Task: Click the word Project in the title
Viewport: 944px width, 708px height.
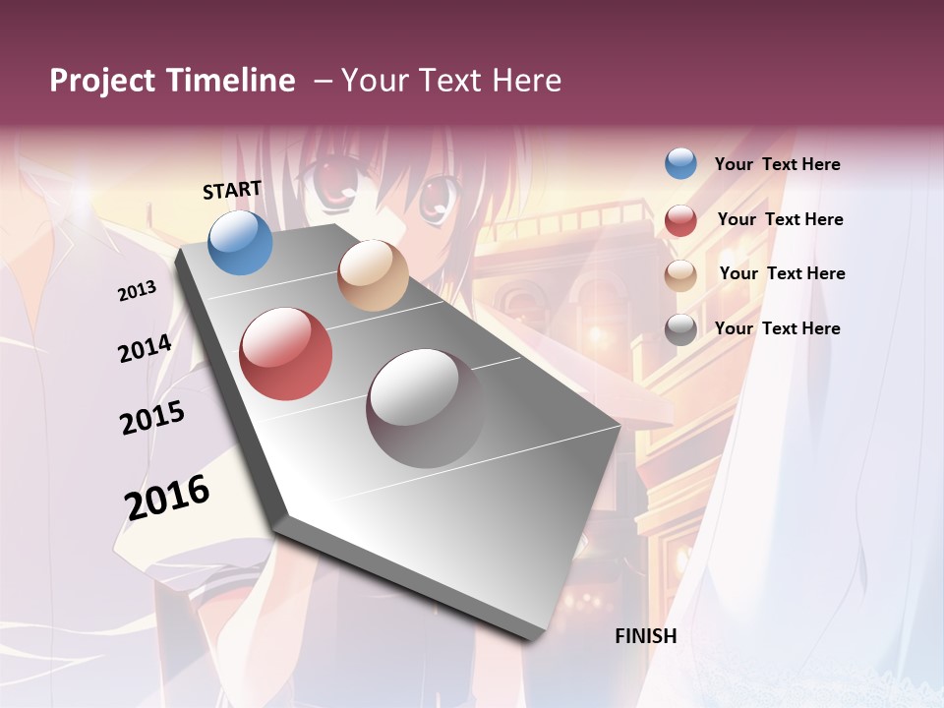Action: [102, 81]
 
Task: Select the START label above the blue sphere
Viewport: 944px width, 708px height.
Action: [232, 190]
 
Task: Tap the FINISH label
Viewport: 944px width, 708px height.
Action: [646, 636]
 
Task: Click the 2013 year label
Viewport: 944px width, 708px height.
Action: [138, 291]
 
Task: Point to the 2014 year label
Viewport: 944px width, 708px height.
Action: [146, 348]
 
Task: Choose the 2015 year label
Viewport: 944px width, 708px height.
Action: [152, 418]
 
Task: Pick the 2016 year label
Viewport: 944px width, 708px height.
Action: [167, 498]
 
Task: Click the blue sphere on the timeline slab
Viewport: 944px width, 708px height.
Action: [240, 242]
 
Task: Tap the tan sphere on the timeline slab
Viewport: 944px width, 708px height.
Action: [373, 275]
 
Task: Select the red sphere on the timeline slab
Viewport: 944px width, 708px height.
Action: [285, 354]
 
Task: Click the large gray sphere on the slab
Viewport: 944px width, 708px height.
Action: [425, 408]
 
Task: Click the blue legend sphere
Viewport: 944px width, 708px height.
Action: [680, 163]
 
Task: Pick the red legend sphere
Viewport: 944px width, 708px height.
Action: [680, 219]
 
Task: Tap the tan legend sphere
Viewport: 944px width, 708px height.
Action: [680, 274]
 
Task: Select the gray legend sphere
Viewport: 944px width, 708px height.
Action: [680, 329]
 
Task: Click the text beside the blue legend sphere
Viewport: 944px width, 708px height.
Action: [778, 164]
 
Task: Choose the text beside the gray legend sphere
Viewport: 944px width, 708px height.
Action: [778, 328]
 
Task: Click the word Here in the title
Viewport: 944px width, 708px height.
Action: [526, 81]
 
